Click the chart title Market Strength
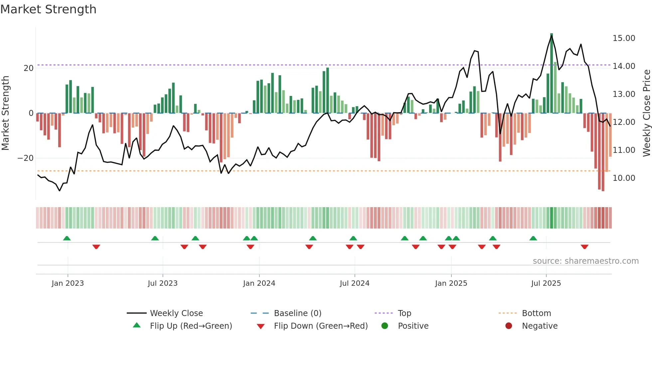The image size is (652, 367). pos(48,9)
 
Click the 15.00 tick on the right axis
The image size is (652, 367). pos(624,38)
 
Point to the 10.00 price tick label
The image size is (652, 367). pos(624,178)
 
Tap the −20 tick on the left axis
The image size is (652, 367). pos(26,158)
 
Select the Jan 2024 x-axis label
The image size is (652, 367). pos(259,283)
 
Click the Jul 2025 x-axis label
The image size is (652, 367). pos(546,283)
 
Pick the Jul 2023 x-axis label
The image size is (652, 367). pos(163,283)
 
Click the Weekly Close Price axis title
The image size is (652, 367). pos(646,113)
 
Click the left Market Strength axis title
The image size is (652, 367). pos(6,113)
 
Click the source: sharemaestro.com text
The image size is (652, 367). pos(585,261)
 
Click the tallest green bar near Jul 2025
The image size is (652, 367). pos(552,73)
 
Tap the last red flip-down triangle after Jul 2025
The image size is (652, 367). pos(584,247)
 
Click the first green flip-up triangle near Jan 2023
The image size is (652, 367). pos(67,238)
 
